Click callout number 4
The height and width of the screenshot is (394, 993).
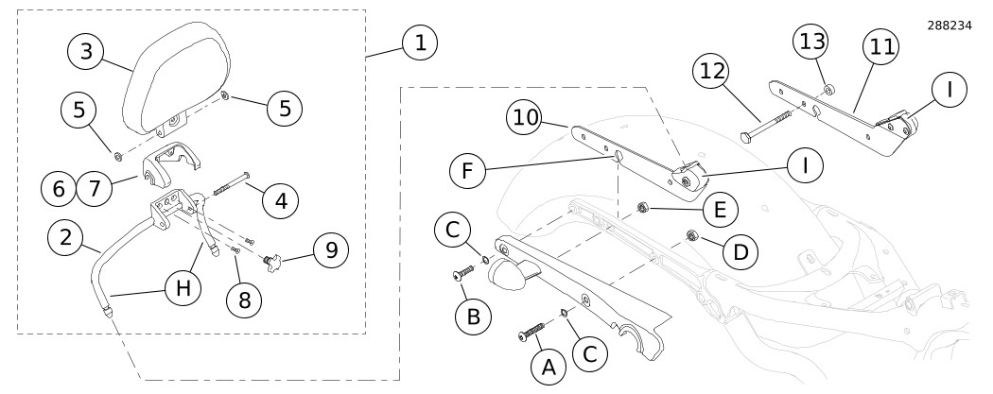[x=279, y=199]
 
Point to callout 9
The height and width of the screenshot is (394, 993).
[x=331, y=250]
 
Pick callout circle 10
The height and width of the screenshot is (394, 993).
[x=526, y=118]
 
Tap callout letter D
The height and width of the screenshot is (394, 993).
[x=742, y=252]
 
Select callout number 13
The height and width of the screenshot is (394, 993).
[x=811, y=43]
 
